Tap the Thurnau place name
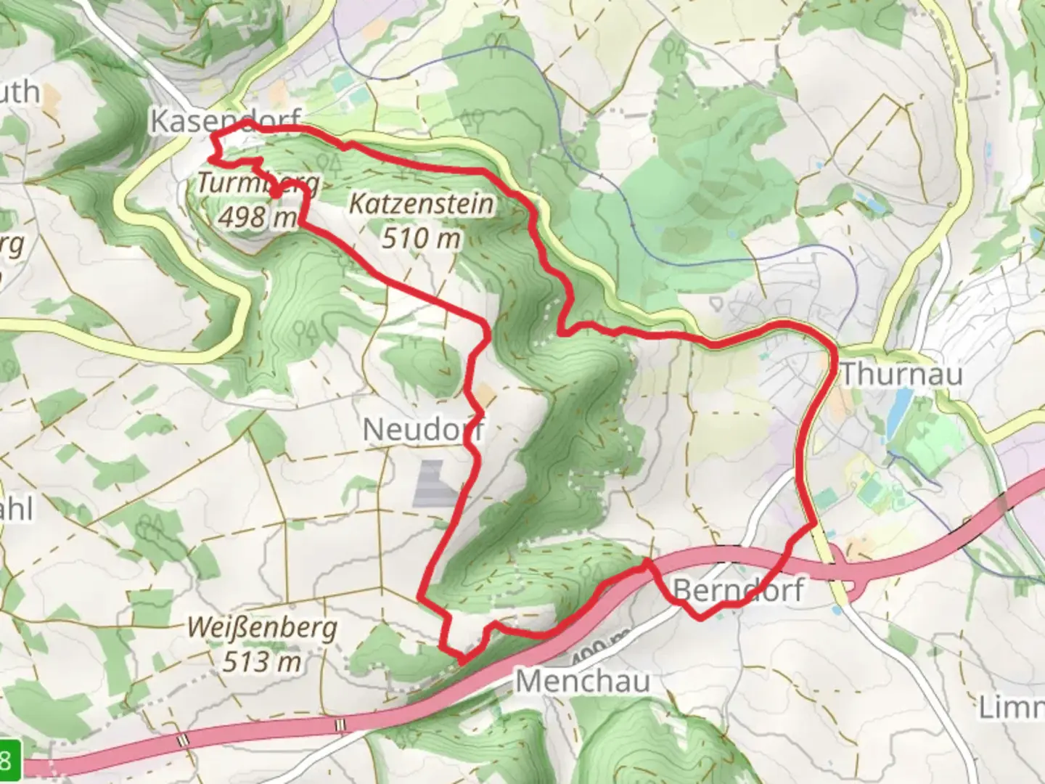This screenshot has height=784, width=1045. pyautogui.click(x=901, y=374)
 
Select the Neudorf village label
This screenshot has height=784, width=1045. pyautogui.click(x=423, y=430)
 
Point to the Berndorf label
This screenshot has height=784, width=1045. pyautogui.click(x=739, y=590)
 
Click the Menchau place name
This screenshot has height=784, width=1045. pyautogui.click(x=583, y=682)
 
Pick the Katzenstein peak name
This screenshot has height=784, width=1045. pyautogui.click(x=421, y=204)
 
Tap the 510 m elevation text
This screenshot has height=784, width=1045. pyautogui.click(x=421, y=238)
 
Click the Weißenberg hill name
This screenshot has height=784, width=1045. pyautogui.click(x=262, y=627)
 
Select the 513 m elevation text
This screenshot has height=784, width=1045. pyautogui.click(x=262, y=661)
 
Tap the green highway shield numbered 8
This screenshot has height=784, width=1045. pyautogui.click(x=9, y=760)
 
